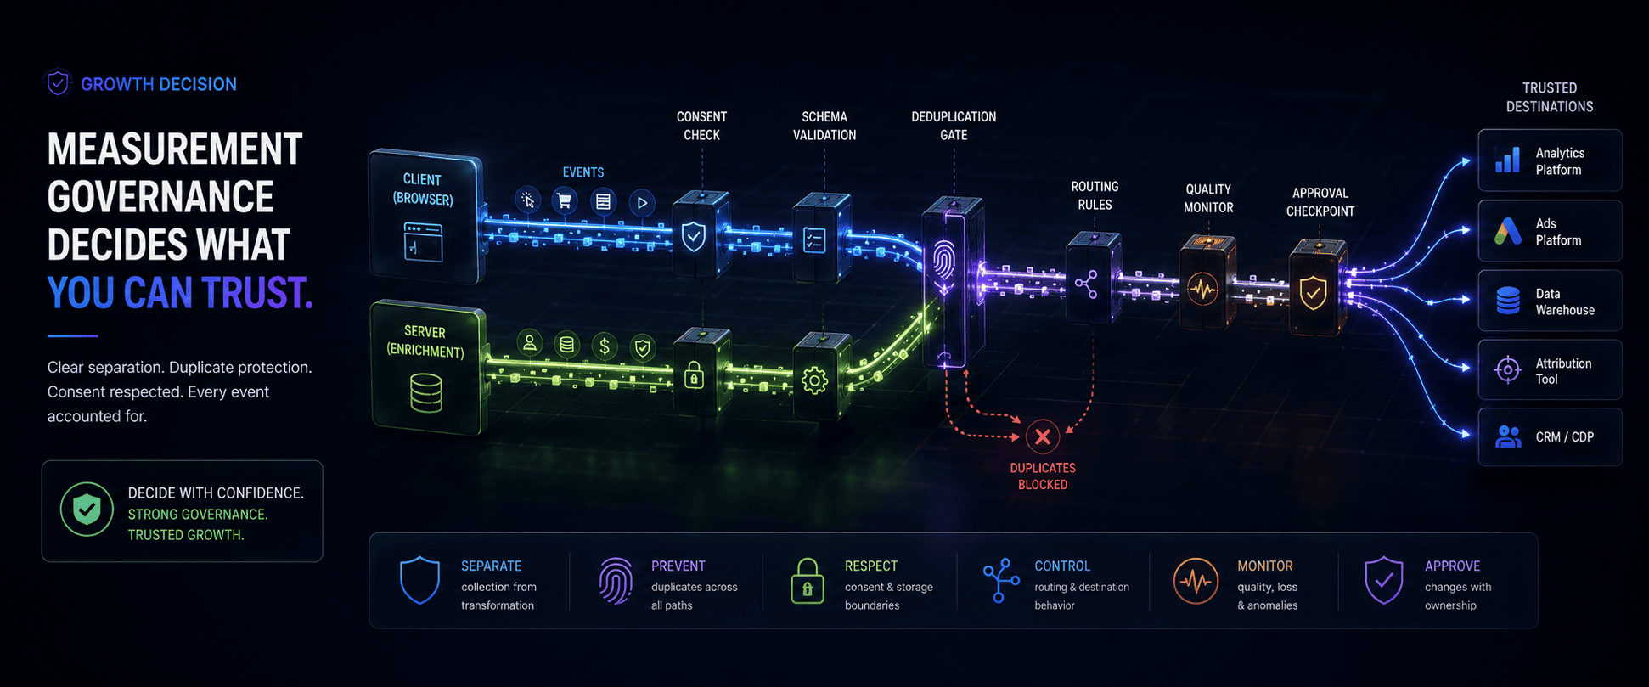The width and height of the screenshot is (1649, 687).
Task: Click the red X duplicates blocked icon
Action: pyautogui.click(x=1042, y=436)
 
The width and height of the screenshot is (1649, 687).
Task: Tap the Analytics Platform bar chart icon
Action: pyautogui.click(x=1507, y=160)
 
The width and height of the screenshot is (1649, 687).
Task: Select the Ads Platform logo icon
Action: pyautogui.click(x=1507, y=231)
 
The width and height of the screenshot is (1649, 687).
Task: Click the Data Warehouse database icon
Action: pyautogui.click(x=1508, y=301)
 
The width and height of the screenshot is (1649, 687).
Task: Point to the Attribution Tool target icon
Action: pyautogui.click(x=1508, y=370)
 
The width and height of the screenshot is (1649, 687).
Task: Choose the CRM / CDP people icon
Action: pyautogui.click(x=1508, y=436)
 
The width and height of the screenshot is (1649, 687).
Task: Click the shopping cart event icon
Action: pyautogui.click(x=564, y=201)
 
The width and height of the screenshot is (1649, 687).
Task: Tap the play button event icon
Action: pyautogui.click(x=642, y=202)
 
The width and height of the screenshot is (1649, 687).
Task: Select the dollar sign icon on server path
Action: pyautogui.click(x=605, y=346)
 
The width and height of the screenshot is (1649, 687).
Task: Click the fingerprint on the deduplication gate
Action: pyautogui.click(x=943, y=259)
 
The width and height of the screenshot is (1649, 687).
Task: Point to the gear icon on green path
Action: pyautogui.click(x=814, y=380)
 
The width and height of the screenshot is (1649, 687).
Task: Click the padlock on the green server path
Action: pyautogui.click(x=694, y=374)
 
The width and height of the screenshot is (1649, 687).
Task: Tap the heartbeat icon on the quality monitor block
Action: pyautogui.click(x=1202, y=290)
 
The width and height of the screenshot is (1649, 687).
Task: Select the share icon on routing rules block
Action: pyautogui.click(x=1086, y=284)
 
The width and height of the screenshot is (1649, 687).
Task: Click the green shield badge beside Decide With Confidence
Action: pyautogui.click(x=87, y=509)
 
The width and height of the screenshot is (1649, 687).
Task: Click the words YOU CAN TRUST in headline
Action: pyautogui.click(x=180, y=292)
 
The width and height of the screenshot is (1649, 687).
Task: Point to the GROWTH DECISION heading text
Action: pyautogui.click(x=159, y=84)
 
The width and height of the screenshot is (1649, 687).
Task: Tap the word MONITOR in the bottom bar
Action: pyautogui.click(x=1264, y=566)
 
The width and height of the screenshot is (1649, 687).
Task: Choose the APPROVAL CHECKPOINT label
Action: pyautogui.click(x=1320, y=202)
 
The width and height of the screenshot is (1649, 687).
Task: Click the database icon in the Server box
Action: pyautogui.click(x=426, y=393)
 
